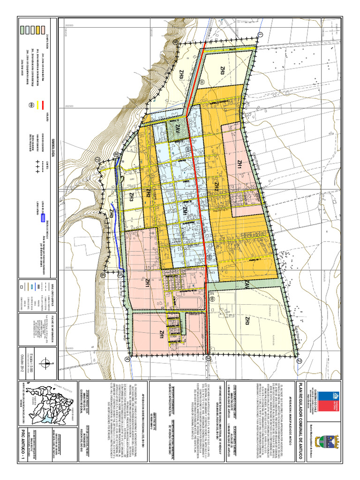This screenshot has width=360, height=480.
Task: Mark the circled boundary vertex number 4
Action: pos(127,360)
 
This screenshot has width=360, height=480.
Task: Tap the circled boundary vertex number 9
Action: pos(175,42)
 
